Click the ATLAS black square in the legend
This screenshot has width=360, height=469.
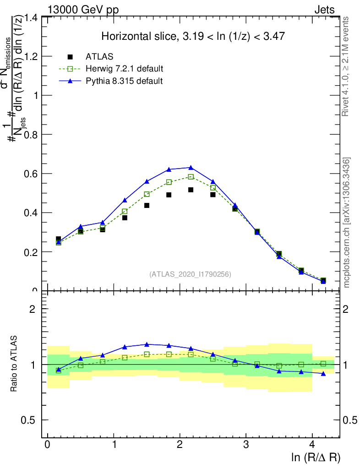pos(70,57)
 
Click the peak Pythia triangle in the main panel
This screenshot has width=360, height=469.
pos(191,167)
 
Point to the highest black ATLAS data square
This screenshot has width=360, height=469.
pos(191,190)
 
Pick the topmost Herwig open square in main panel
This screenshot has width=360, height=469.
pos(191,177)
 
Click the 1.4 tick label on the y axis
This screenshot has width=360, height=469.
pos(31,17)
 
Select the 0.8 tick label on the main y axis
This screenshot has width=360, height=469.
pos(31,135)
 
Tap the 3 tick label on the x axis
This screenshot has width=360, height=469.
pos(246,445)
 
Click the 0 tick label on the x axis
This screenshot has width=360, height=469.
pos(47,445)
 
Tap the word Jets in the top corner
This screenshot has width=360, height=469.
pos(324,9)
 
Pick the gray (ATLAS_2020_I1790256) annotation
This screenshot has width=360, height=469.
pos(190,274)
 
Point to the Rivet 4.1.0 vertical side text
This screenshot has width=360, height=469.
pos(347,66)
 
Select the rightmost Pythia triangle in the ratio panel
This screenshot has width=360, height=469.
pos(323,374)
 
